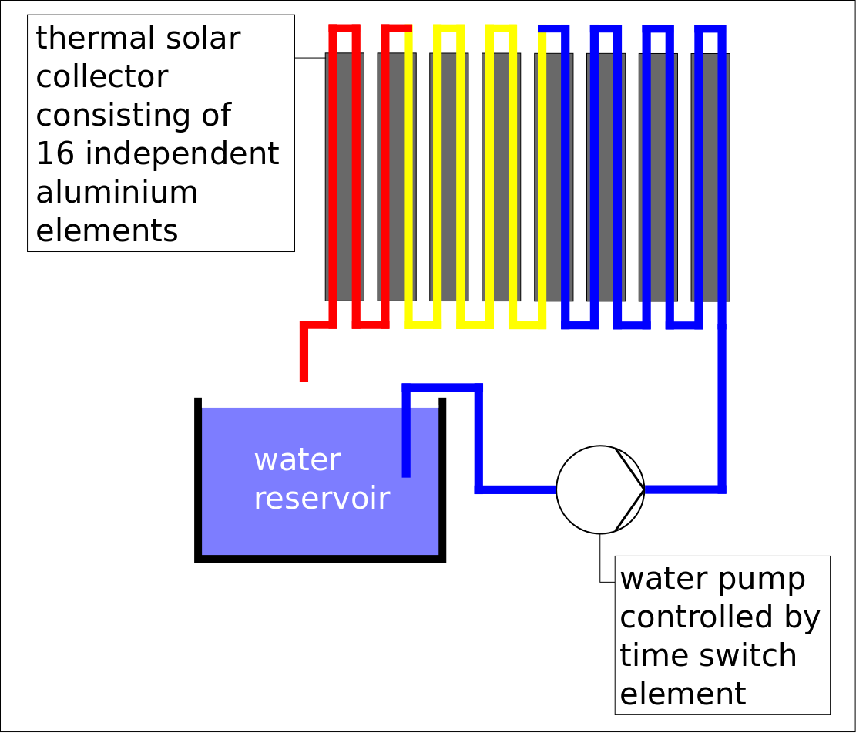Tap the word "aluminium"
[116, 193]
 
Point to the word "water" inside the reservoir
[297, 460]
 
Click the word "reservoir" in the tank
[321, 499]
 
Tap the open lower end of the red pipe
[304, 377]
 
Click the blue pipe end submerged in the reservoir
[406, 472]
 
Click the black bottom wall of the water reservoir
[321, 557]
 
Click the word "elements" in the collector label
[106, 231]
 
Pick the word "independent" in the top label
[181, 154]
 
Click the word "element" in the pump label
[683, 694]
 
